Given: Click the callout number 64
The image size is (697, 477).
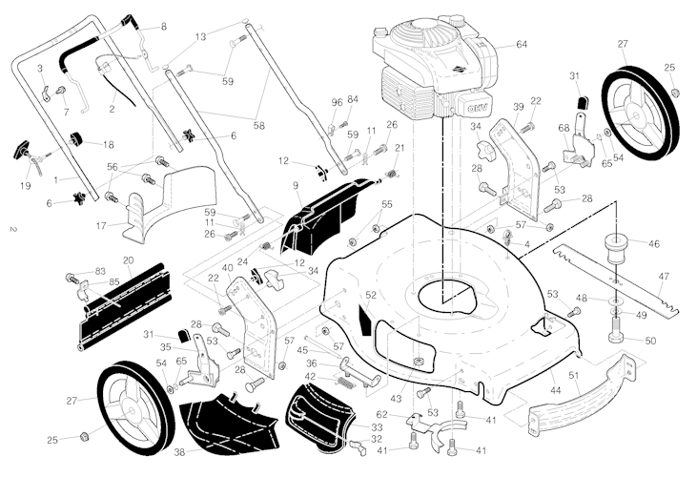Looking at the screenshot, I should [522, 45].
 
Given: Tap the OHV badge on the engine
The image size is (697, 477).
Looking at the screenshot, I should [474, 103].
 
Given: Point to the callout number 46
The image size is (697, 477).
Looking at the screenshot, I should [654, 244].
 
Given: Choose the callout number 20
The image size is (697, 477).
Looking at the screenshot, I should [128, 259].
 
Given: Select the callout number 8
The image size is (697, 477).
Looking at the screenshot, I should [162, 26].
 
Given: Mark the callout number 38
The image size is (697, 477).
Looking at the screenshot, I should [178, 451].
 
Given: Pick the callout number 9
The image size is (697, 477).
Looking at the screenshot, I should [296, 184].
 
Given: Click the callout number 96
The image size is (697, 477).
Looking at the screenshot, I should [337, 102].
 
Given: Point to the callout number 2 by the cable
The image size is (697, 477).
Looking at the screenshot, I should [113, 110].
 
